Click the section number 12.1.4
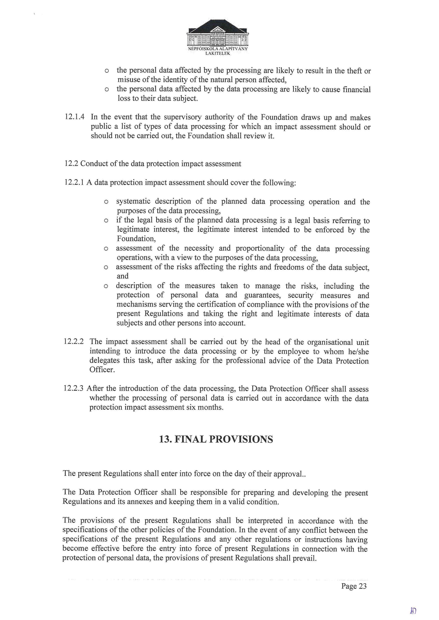pyautogui.click(x=74, y=117)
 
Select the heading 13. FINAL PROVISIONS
pyautogui.click(x=216, y=439)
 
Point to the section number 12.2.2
pyautogui.click(x=73, y=342)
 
